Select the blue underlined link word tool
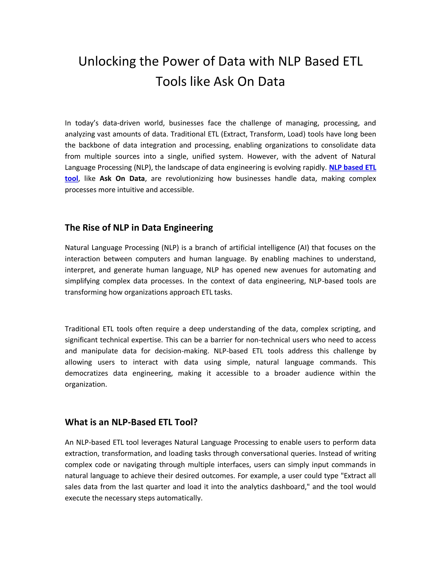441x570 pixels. point(71,179)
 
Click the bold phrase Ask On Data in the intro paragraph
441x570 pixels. point(122,179)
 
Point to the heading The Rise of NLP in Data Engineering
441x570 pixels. point(139,228)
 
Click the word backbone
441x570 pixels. point(94,145)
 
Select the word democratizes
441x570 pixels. point(86,373)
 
